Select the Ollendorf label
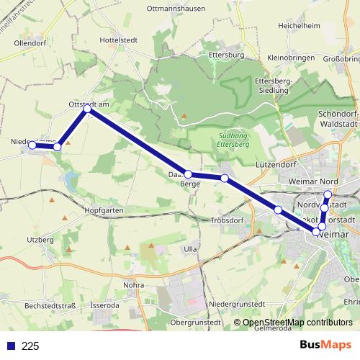(x=30, y=42)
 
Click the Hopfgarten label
(x=104, y=210)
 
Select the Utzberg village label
(x=40, y=238)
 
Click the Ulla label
(x=190, y=248)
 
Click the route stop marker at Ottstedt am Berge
(x=87, y=109)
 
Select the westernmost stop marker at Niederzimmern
(x=32, y=145)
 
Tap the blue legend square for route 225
(x=11, y=346)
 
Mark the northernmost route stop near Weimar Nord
(x=328, y=194)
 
